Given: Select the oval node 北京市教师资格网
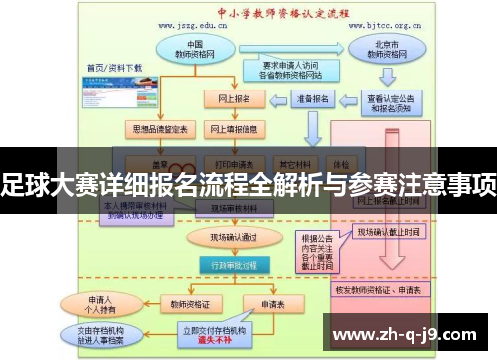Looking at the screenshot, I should [x=383, y=51].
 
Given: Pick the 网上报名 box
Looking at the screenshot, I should [x=234, y=99].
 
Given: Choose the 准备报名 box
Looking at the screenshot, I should [x=308, y=99].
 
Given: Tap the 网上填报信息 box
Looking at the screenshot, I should [x=234, y=130].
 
